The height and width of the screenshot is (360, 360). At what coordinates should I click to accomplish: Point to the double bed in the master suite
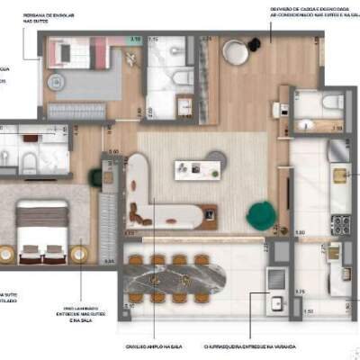pyautogui.click(x=42, y=231)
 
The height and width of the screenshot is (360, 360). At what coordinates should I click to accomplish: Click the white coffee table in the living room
pyautogui.click(x=193, y=169)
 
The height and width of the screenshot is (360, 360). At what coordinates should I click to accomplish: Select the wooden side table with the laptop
pyautogui.click(x=211, y=215)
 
